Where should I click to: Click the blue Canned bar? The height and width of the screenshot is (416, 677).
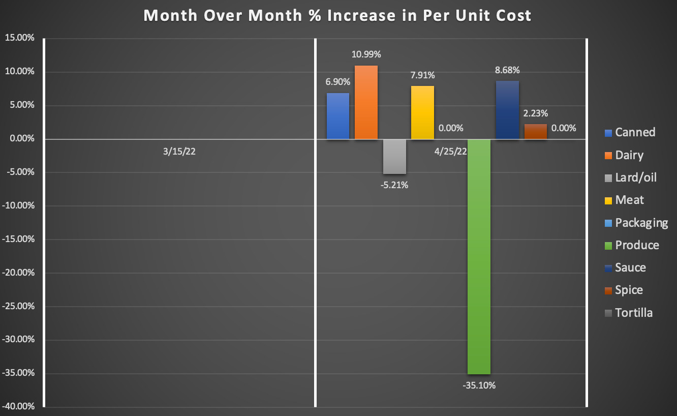(338, 116)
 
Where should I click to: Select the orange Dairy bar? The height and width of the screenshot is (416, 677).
(366, 102)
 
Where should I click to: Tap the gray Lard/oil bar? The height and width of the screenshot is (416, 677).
(394, 157)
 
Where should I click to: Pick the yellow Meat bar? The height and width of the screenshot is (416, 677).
(422, 112)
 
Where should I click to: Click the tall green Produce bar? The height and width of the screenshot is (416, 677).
(479, 256)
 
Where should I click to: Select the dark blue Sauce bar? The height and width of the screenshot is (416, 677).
(507, 110)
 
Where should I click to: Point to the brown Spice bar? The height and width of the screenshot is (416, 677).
(535, 132)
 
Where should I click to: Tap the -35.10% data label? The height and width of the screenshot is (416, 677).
(479, 385)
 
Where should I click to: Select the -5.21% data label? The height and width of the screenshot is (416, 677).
(394, 185)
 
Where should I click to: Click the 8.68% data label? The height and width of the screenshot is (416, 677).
(507, 70)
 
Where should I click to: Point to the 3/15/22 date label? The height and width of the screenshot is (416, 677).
(179, 152)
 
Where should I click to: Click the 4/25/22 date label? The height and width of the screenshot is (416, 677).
(451, 152)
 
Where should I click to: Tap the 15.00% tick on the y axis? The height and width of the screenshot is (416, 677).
(20, 39)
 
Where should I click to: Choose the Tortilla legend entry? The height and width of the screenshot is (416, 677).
(634, 313)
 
